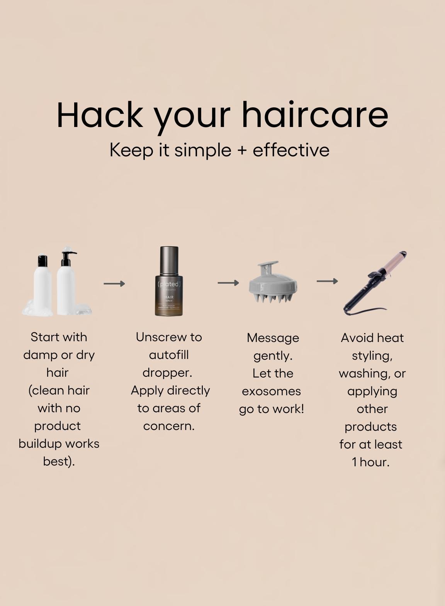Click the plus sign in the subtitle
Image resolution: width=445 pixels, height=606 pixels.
(242, 150)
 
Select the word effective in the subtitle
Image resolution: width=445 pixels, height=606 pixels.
(291, 150)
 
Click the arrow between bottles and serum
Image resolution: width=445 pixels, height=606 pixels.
(114, 284)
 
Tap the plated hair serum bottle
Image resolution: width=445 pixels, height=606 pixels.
(169, 286)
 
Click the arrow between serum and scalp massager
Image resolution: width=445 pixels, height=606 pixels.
(228, 283)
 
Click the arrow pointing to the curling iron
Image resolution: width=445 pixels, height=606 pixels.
(327, 281)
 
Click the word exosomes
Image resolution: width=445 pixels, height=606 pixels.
(271, 391)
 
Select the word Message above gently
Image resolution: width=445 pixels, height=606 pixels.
(273, 338)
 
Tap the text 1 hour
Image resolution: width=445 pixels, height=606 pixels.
(370, 462)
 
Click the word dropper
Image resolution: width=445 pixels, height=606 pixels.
(167, 372)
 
